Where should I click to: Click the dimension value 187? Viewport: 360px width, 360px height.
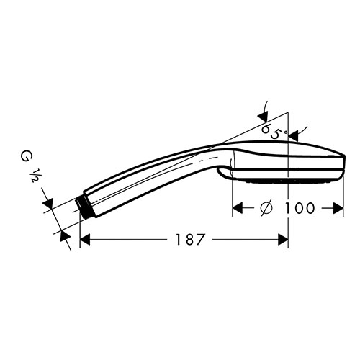coord(191,239)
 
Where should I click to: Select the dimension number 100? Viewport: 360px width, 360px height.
coord(300,208)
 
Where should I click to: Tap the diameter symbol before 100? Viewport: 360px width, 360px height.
coord(266,208)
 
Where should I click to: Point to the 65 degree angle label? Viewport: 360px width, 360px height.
coord(271,131)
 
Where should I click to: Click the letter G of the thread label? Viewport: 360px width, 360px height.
coord(24,157)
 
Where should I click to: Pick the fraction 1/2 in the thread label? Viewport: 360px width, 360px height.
coord(33,175)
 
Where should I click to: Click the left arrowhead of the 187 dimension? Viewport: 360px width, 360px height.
coord(85,240)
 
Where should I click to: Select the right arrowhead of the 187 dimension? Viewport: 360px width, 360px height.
coord(283,240)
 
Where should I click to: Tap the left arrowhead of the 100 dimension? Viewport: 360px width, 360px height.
coord(238,208)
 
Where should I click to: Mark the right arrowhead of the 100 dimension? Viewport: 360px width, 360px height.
coord(338,208)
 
